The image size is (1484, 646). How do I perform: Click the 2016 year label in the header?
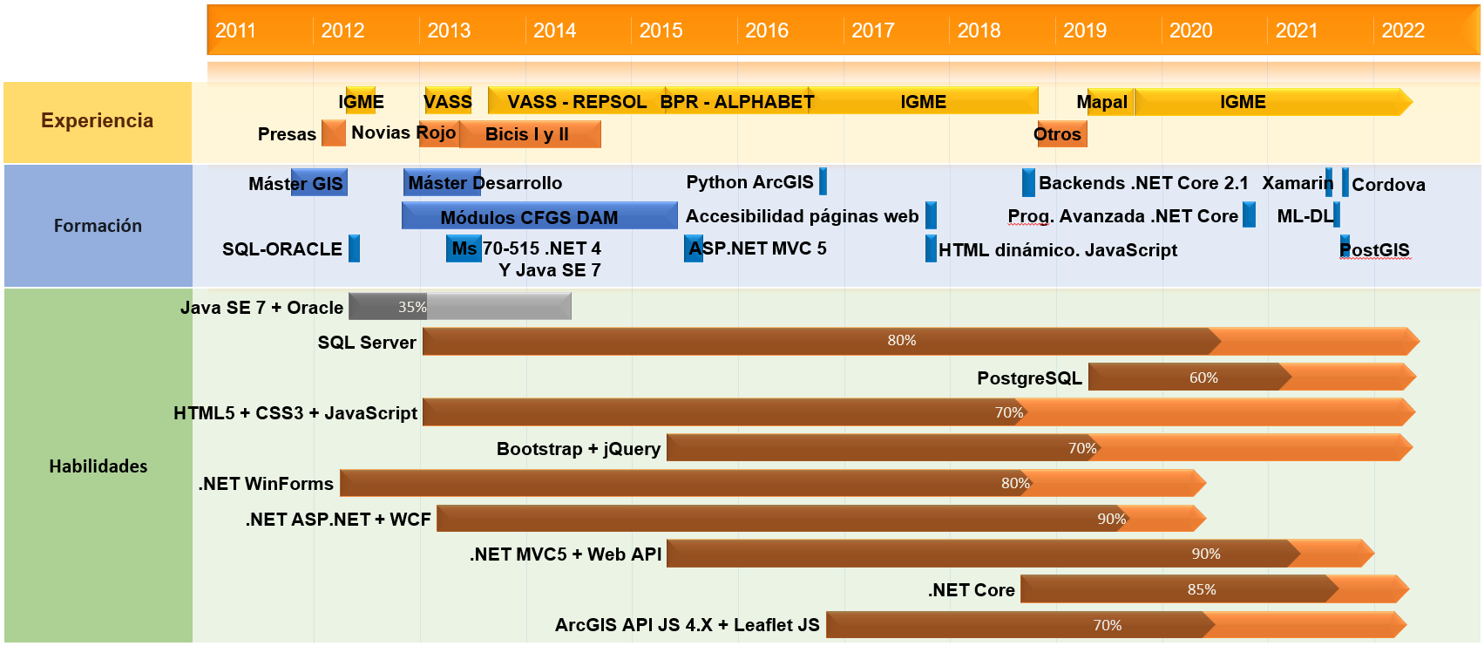[x=766, y=31]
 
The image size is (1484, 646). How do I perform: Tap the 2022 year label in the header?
[x=1403, y=31]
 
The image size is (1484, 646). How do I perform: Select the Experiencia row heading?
[x=97, y=121]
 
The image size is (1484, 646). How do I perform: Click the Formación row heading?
[x=98, y=226]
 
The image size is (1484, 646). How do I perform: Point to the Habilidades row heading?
[x=98, y=466]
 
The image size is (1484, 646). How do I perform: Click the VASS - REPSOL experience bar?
[x=577, y=102]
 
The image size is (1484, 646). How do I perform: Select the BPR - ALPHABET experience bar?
[x=736, y=102]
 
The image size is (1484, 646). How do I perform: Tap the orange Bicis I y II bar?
[x=528, y=134]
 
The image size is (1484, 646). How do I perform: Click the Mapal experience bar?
[x=1103, y=102]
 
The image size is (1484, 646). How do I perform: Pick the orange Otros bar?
[x=1060, y=134]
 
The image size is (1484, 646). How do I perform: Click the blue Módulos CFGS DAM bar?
[x=539, y=216]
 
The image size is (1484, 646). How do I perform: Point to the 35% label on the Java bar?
[x=412, y=307]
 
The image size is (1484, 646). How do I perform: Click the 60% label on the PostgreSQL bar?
[x=1203, y=377]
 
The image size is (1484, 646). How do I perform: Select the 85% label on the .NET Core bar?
[x=1202, y=589]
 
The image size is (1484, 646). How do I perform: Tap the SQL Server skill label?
[x=367, y=343]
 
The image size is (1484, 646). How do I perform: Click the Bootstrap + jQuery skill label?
[x=579, y=449]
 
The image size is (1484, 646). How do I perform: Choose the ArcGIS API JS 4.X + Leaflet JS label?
[x=687, y=625]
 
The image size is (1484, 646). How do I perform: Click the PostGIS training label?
[x=1375, y=250]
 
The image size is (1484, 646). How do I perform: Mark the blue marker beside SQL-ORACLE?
[x=354, y=248]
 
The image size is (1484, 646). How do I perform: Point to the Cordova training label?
[x=1388, y=185]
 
